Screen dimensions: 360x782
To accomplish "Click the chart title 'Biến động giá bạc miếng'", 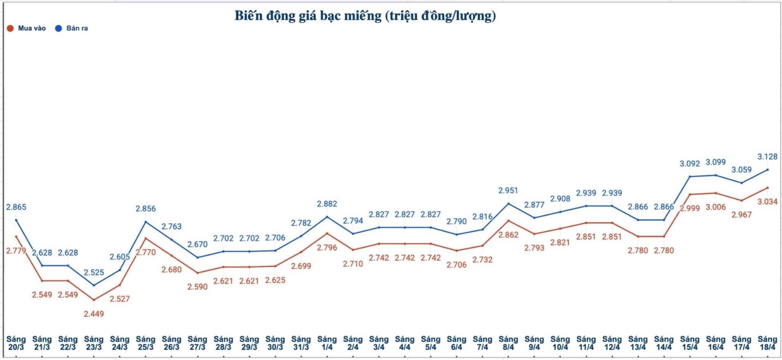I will pyautogui.click(x=365, y=16).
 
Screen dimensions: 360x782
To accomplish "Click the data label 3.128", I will pyautogui.click(x=767, y=157).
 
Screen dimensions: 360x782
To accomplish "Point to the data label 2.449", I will pyautogui.click(x=93, y=314).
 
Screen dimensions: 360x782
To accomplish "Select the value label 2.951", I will pyautogui.click(x=508, y=191).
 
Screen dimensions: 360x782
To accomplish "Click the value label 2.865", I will pyautogui.click(x=16, y=207).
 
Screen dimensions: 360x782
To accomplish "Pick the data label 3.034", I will pyautogui.click(x=767, y=201).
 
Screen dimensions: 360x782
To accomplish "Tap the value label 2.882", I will pyautogui.click(x=327, y=204).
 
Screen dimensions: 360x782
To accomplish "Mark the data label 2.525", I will pyautogui.click(x=93, y=273).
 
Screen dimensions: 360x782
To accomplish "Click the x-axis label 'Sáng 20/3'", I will pyautogui.click(x=16, y=343).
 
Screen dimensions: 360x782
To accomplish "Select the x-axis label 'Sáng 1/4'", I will pyautogui.click(x=327, y=343).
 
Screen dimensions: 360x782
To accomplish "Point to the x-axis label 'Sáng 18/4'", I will pyautogui.click(x=767, y=343).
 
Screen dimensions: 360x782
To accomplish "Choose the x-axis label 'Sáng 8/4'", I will pyautogui.click(x=508, y=343).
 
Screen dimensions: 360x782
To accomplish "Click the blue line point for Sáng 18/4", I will pyautogui.click(x=767, y=169).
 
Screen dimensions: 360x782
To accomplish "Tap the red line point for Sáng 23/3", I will pyautogui.click(x=94, y=300).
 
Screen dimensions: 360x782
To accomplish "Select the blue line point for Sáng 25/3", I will pyautogui.click(x=146, y=222).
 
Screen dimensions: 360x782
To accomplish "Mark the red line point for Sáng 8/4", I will pyautogui.click(x=508, y=221).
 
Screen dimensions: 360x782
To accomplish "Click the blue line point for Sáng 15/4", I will pyautogui.click(x=690, y=176).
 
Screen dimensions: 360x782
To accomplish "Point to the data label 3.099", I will pyautogui.click(x=716, y=162).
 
